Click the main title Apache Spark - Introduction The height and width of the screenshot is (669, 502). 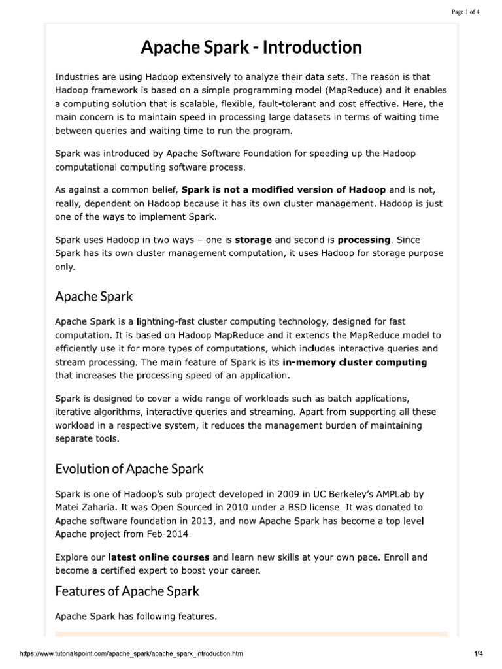tap(251, 47)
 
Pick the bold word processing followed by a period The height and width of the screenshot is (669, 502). tap(364, 240)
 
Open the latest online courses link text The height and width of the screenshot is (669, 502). tap(159, 557)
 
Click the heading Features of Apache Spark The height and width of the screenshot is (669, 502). tap(127, 591)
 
